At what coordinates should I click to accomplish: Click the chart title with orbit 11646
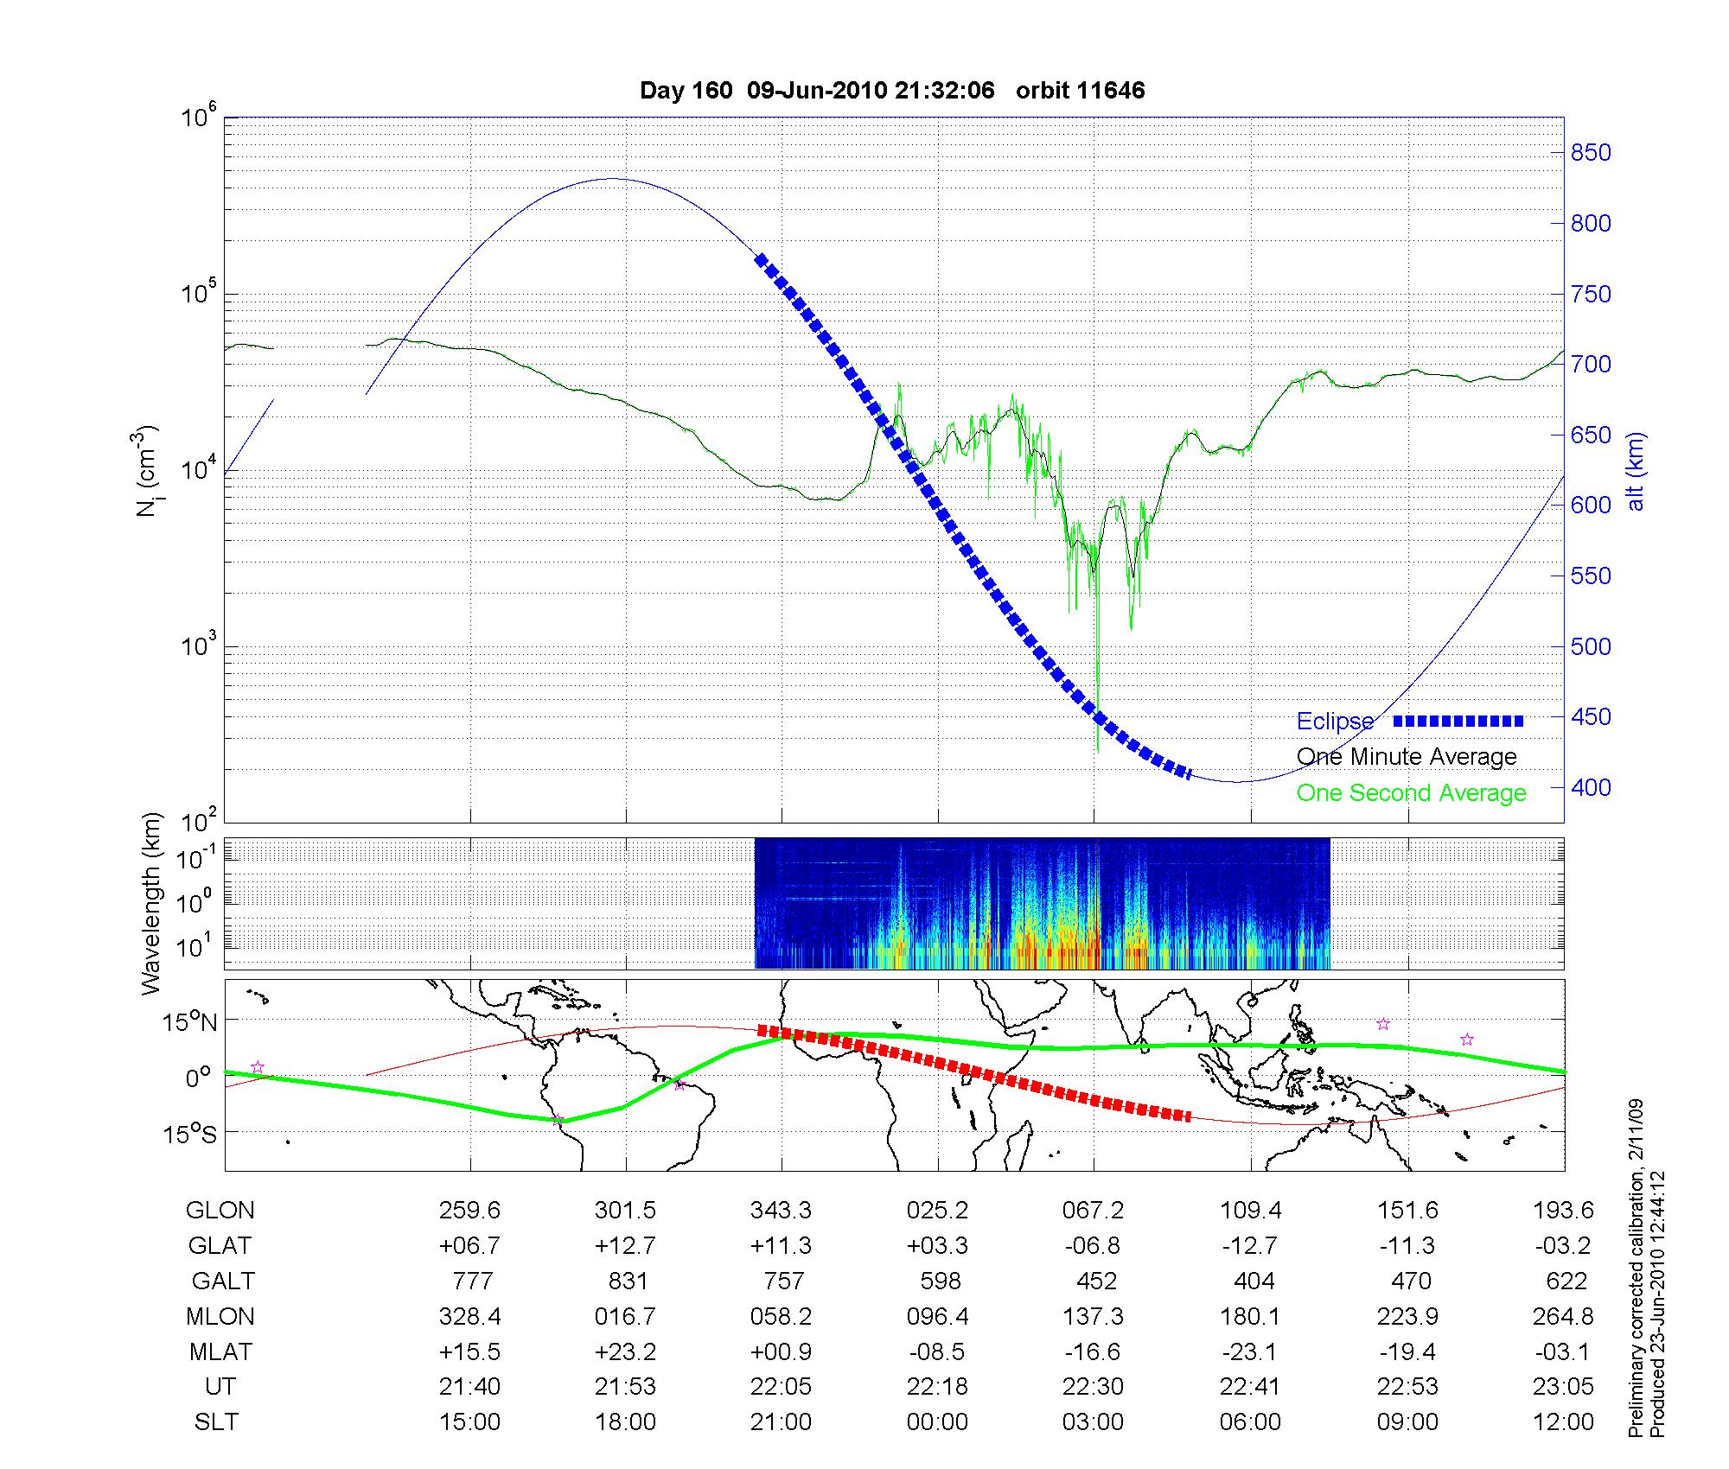(x=892, y=91)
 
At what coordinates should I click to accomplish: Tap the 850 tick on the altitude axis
(x=1591, y=153)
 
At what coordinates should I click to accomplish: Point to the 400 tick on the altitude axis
(x=1591, y=787)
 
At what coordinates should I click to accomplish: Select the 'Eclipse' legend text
(x=1335, y=722)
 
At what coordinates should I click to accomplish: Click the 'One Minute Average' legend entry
(x=1407, y=757)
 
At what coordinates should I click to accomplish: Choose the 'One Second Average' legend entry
(x=1411, y=793)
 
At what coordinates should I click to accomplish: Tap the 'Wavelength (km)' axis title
(x=151, y=903)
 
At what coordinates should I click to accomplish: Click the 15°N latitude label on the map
(x=190, y=1023)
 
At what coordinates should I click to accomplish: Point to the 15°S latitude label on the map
(x=190, y=1133)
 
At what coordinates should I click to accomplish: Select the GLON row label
(x=220, y=1211)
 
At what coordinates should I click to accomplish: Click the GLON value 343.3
(x=782, y=1211)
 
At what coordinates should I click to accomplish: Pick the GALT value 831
(x=627, y=1281)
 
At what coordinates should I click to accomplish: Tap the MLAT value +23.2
(x=625, y=1351)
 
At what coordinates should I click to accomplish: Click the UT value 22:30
(x=1094, y=1387)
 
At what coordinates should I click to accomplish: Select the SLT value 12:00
(x=1563, y=1422)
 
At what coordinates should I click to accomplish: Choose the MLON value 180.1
(x=1250, y=1317)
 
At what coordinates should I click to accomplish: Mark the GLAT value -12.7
(x=1250, y=1246)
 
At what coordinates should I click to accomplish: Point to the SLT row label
(x=216, y=1422)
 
